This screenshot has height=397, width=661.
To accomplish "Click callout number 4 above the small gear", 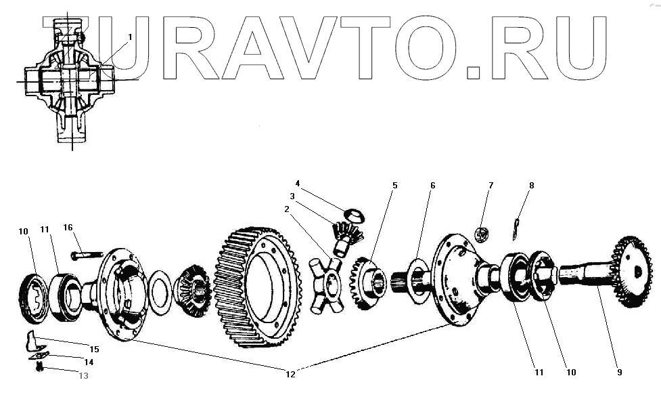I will (x=298, y=184).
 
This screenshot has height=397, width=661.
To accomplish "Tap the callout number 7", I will (x=491, y=185).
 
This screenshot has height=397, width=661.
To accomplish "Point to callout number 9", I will (x=619, y=372).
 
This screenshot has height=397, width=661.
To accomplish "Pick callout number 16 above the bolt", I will (x=68, y=228).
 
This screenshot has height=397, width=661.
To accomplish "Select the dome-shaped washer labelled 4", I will (x=353, y=215).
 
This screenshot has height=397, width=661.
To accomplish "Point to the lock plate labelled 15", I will (x=32, y=337).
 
